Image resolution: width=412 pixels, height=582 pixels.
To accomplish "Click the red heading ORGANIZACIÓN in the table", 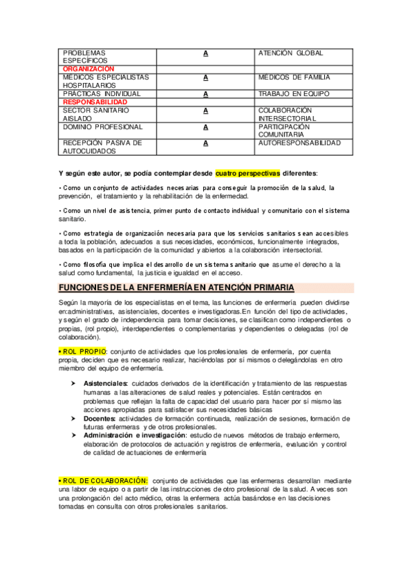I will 88,69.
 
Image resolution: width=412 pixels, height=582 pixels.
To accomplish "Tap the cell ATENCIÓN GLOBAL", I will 290,54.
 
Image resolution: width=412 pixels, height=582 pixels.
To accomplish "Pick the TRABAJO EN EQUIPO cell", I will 294,94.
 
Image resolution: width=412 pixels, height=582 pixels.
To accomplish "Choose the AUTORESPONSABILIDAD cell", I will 299,143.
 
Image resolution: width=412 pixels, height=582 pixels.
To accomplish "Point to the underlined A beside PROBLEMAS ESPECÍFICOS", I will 205,54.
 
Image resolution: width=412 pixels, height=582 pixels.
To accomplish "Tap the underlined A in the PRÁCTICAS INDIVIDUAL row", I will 205,94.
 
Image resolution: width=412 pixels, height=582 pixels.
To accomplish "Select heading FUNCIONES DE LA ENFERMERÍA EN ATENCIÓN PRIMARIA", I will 176,287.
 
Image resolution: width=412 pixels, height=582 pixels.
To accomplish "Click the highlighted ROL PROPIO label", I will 82,352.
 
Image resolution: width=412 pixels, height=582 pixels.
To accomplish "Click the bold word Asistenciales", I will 105,383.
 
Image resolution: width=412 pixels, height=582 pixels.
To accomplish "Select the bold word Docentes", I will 100,418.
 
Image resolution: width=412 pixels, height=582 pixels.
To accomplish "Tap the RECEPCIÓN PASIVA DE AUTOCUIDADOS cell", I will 102,147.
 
